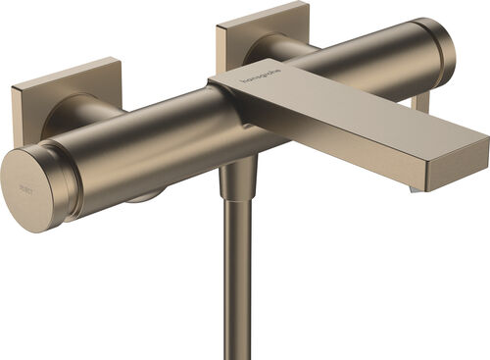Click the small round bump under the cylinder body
(x=142, y=197)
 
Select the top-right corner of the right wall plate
(x=307, y=4)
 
